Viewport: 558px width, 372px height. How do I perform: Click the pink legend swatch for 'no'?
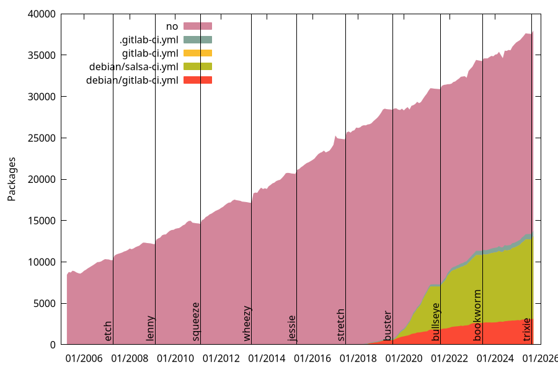click(198, 26)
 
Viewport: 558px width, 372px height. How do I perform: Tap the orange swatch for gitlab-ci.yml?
click(198, 53)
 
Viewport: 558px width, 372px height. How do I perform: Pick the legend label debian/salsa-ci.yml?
click(133, 67)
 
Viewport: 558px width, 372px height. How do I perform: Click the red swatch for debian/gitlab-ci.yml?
click(198, 81)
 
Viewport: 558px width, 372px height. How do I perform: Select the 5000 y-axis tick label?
click(46, 303)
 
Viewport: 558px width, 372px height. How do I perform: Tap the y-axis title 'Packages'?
click(12, 179)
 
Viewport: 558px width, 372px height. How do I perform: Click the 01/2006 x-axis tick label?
click(84, 358)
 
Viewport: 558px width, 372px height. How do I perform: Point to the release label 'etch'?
click(108, 330)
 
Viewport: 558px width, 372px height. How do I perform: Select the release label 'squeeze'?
click(196, 321)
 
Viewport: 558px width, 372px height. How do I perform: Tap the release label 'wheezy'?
click(247, 323)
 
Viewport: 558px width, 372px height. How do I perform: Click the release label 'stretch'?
click(341, 324)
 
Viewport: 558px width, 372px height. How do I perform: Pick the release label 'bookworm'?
click(477, 315)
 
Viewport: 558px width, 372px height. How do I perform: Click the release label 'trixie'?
click(527, 329)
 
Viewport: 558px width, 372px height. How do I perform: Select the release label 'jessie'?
click(292, 328)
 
